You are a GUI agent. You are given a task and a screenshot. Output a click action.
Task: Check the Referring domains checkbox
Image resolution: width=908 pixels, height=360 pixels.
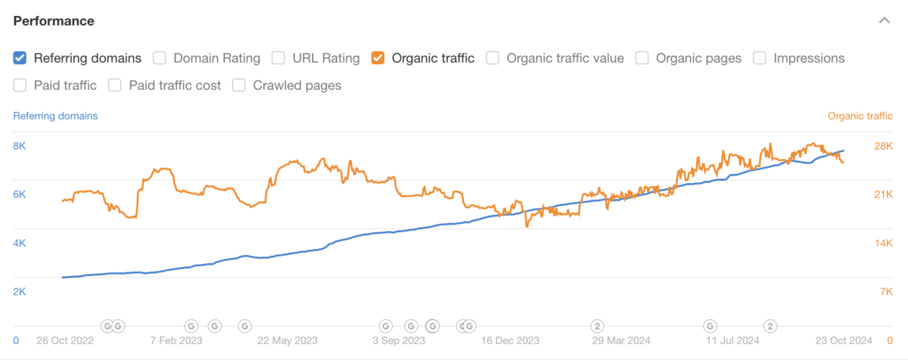20,57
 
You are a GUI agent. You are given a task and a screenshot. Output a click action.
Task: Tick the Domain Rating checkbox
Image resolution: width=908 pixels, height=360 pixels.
160,57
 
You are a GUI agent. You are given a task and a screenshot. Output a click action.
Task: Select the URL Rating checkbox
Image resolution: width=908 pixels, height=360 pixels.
278,57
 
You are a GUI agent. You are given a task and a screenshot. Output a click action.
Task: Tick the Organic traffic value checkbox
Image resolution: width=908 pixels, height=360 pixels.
493,57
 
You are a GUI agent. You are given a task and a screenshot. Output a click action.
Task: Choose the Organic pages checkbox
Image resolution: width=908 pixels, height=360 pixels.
642,57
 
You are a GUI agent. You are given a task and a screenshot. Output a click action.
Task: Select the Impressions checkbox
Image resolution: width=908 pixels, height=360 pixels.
760,57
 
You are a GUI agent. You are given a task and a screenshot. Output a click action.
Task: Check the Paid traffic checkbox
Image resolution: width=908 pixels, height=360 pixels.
20,85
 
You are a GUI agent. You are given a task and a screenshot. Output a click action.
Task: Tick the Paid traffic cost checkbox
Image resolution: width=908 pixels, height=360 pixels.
115,85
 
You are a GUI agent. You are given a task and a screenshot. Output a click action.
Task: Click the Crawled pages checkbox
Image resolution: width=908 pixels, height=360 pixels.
239,85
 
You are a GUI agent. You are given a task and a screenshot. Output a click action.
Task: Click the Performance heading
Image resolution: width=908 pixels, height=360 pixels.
54,20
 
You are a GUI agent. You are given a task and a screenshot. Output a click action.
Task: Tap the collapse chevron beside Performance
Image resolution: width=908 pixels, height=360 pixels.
884,20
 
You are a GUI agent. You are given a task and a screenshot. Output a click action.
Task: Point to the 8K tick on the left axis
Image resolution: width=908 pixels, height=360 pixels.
20,146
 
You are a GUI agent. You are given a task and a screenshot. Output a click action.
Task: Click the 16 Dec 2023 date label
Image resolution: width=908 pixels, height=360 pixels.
511,340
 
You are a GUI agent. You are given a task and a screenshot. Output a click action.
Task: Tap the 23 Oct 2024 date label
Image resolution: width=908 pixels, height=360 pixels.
844,340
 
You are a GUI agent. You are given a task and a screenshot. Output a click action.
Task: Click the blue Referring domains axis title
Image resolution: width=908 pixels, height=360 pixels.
55,116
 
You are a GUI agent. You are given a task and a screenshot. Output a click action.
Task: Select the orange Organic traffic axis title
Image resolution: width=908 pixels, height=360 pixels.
860,116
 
